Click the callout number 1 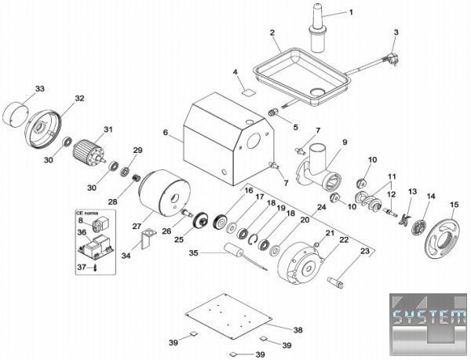click(351, 12)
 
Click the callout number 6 click(165, 134)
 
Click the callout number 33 click(40, 87)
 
